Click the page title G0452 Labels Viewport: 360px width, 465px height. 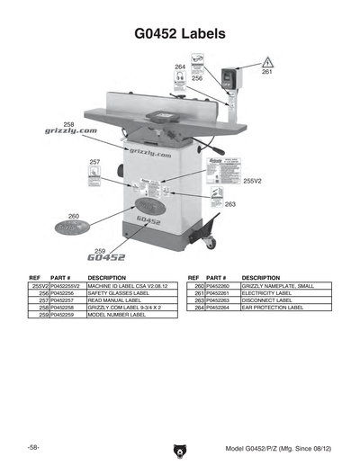tap(179, 34)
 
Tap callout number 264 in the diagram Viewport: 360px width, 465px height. tap(180, 67)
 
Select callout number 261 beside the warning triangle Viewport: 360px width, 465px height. tap(266, 72)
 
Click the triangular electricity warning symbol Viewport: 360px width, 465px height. tap(267, 62)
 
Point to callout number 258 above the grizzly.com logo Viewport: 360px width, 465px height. tap(69, 123)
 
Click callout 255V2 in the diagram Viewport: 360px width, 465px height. tap(252, 181)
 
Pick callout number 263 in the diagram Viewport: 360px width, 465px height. tap(230, 204)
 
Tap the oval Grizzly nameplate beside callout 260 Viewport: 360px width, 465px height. tap(73, 229)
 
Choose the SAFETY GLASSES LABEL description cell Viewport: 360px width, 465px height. tap(118, 293)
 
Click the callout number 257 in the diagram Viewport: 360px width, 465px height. tap(94, 162)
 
